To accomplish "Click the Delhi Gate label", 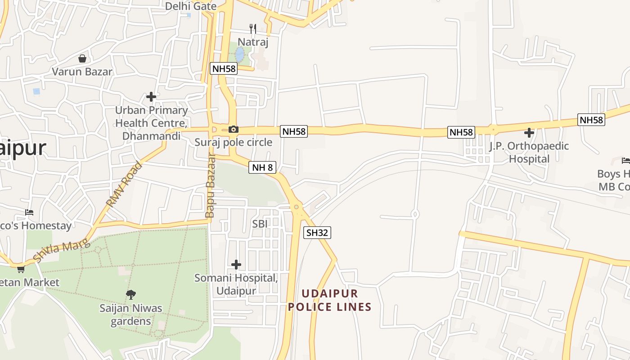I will [191, 6].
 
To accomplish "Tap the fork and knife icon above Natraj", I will [253, 29].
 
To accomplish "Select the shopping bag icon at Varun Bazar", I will [82, 58].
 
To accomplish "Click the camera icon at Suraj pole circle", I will [233, 130].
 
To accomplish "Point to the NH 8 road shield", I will [262, 168].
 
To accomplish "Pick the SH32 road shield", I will [317, 233].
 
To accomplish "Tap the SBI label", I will [260, 223].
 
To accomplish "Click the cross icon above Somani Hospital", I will [236, 265].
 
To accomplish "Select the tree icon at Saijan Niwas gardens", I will [131, 295].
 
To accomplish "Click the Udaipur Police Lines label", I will [330, 300].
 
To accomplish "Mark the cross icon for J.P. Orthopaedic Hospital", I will [529, 133].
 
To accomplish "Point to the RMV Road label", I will [124, 184].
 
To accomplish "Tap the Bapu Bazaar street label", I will [210, 186].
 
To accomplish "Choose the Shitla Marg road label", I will [62, 251].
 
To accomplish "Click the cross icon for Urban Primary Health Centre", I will [151, 97].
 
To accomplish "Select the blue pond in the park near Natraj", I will [240, 55].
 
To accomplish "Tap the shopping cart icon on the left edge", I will [21, 269].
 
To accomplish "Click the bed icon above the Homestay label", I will [29, 212].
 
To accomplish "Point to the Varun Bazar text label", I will [82, 72].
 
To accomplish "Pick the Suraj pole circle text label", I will [233, 143].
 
